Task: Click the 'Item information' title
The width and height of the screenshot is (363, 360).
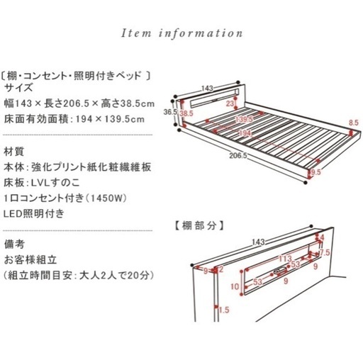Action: coord(181,33)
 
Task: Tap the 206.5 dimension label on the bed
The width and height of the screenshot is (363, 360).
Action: coord(238,156)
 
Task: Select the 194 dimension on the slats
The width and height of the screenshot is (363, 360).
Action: coord(245,133)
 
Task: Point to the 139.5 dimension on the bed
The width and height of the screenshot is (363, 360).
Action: coord(244,119)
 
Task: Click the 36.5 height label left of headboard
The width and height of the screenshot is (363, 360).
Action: coord(170,112)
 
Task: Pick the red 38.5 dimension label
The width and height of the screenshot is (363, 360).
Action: coord(186,113)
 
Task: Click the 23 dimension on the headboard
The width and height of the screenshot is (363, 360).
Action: coord(230,103)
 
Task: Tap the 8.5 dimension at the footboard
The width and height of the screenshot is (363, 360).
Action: coord(354,123)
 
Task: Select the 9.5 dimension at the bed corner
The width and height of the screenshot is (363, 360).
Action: coord(316,172)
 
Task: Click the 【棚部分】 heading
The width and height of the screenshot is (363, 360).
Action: coord(198,226)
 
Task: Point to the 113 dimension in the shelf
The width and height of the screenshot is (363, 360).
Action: coord(286,259)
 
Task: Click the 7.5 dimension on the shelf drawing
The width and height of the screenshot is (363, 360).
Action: coord(325,252)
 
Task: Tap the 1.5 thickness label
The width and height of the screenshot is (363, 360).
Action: coord(224,310)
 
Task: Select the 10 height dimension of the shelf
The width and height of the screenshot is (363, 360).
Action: coord(235,286)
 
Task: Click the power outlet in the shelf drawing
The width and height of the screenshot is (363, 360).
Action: coord(281,271)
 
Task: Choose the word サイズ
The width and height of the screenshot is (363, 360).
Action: coord(18,88)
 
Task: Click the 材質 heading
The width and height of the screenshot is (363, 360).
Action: coord(13,152)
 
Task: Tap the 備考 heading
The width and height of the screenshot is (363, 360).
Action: coord(14,244)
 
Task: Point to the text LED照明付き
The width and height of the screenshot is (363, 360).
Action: coord(34,213)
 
